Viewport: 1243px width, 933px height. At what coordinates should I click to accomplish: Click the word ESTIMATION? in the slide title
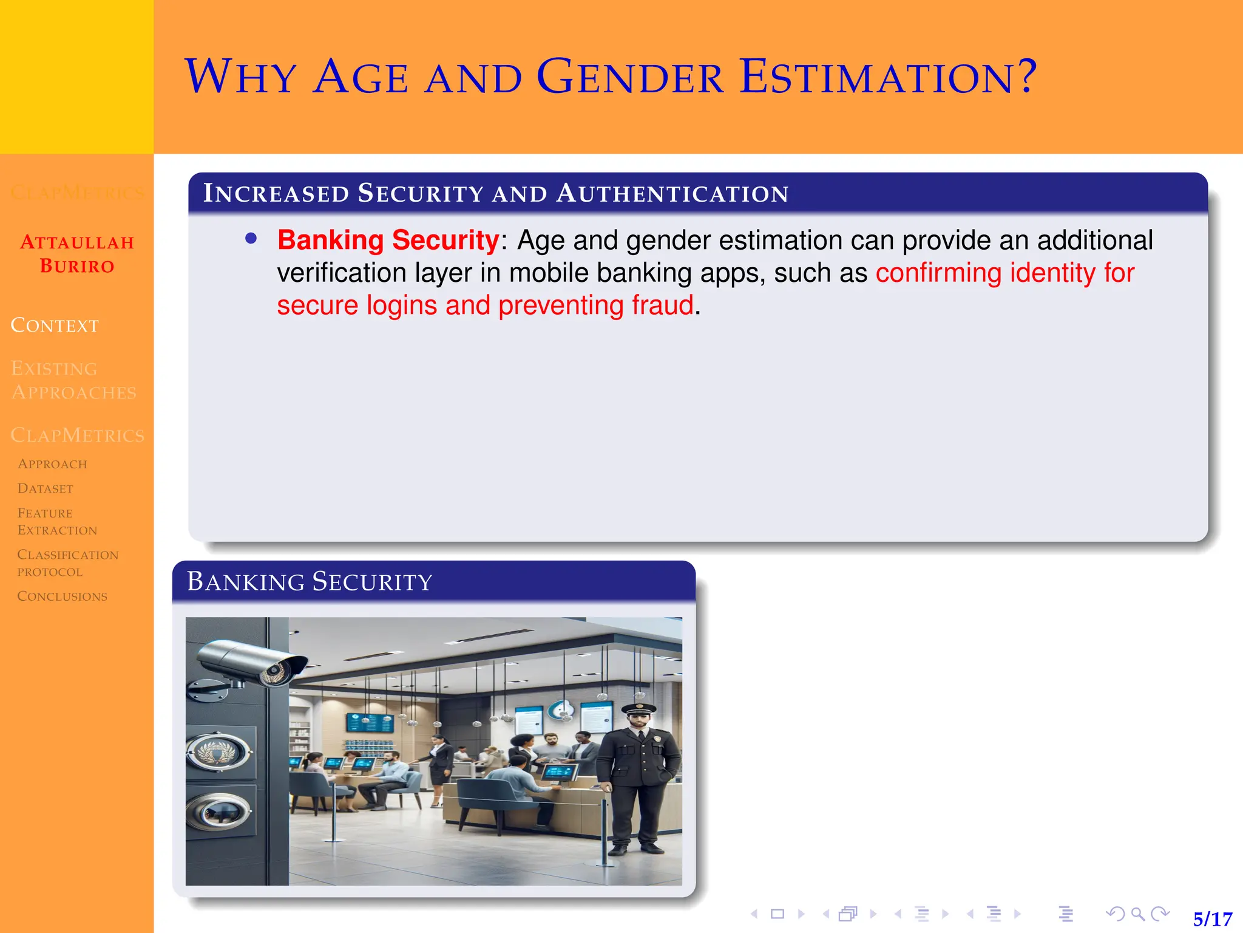(888, 78)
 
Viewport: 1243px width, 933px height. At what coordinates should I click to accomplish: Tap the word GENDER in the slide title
(630, 78)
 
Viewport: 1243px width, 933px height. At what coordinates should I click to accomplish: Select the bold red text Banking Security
(388, 241)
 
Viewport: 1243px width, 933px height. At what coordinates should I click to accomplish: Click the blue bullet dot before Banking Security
(251, 239)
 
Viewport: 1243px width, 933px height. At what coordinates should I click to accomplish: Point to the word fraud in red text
(662, 305)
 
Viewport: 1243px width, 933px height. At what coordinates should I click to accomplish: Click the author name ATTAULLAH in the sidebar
(77, 242)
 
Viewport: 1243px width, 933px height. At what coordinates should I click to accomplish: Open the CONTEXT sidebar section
(55, 326)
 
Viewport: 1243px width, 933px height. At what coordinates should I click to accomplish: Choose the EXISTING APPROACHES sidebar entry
(73, 380)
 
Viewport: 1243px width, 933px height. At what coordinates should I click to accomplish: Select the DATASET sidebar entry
(46, 488)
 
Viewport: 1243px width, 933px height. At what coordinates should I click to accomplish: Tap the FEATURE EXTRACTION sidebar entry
(57, 521)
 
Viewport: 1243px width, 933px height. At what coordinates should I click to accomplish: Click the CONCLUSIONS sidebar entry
(62, 596)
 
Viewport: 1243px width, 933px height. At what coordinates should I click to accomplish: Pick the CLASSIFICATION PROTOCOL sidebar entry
(67, 563)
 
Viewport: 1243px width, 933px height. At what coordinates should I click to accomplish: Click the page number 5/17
(1212, 918)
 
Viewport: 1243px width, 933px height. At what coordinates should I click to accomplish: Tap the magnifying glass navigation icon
(1138, 914)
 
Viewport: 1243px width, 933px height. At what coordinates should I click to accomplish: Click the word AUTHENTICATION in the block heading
(672, 193)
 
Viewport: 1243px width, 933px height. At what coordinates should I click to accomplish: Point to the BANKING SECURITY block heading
(310, 581)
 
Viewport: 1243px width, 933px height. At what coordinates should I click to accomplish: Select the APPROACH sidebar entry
(52, 464)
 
